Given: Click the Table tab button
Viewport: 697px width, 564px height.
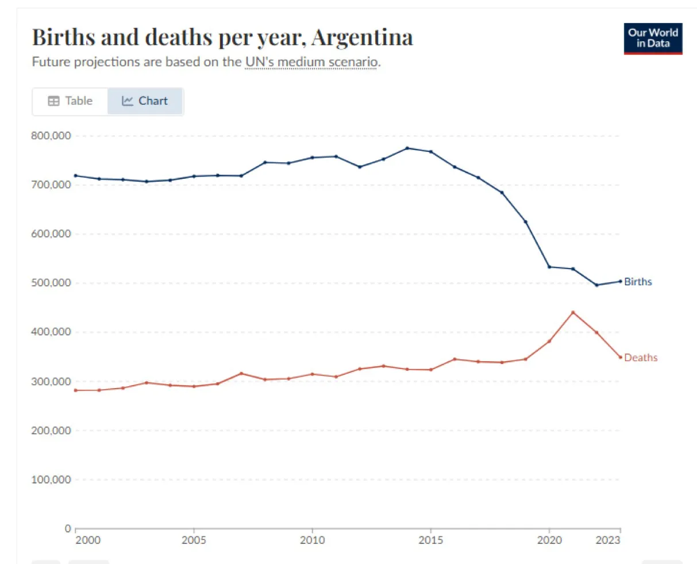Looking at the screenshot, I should click(x=70, y=101).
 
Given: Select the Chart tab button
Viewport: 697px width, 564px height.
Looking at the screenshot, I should click(x=145, y=101).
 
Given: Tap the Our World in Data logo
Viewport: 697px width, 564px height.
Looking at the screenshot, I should click(x=653, y=39).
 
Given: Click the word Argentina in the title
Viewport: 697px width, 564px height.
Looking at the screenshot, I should click(x=362, y=37).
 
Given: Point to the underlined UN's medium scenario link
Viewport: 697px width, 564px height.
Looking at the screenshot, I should click(x=311, y=62).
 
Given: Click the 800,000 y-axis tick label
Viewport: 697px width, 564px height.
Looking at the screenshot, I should click(x=51, y=136).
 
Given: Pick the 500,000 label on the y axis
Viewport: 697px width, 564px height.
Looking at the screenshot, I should click(x=51, y=283).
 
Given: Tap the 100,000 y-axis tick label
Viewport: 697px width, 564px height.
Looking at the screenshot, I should click(x=51, y=479).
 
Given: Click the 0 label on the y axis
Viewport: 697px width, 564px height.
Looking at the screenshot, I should click(x=68, y=528).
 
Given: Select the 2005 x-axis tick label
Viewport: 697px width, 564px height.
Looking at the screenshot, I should click(x=194, y=540).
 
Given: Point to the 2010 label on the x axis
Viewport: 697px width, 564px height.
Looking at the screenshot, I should click(x=312, y=540).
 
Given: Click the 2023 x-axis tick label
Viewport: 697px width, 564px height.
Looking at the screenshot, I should click(x=608, y=540).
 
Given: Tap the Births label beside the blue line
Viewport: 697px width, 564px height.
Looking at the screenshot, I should click(x=638, y=282).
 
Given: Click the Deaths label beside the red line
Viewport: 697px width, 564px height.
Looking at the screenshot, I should click(x=641, y=358).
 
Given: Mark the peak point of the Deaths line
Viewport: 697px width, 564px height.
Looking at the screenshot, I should click(x=573, y=312).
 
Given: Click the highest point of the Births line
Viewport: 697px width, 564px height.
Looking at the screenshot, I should click(x=407, y=148).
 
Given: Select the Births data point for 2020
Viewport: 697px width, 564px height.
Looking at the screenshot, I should click(x=549, y=267).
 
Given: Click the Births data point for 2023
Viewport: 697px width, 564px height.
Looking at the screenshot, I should click(x=621, y=281).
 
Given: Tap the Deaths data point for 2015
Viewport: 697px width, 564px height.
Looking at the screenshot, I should click(x=431, y=370).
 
